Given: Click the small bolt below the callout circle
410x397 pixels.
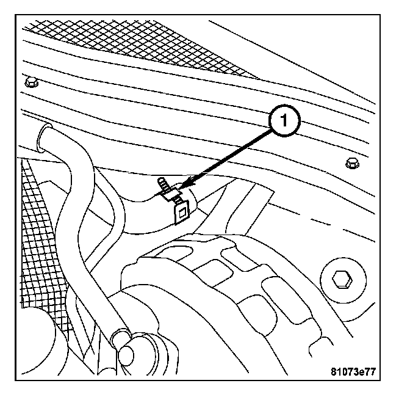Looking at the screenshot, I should point(350,164).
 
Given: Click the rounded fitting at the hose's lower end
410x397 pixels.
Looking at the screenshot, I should point(130,354).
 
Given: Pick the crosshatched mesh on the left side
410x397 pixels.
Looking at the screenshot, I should point(43,244).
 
